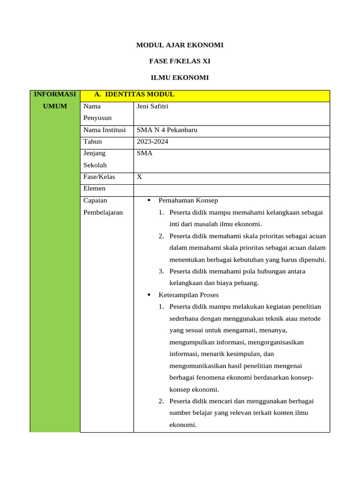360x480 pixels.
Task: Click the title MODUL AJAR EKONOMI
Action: (180, 45)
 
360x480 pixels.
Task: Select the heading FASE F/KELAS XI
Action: (180, 61)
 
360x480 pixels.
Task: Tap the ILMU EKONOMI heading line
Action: (180, 77)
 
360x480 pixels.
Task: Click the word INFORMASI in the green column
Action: (55, 94)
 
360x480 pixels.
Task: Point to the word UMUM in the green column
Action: (55, 106)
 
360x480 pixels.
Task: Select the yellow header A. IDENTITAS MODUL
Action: (134, 94)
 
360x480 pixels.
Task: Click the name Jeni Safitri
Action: (152, 106)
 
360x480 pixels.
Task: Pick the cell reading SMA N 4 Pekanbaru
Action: (167, 130)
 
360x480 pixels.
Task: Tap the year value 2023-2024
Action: (152, 142)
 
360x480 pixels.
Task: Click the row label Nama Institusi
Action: (105, 130)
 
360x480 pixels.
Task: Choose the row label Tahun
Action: (92, 142)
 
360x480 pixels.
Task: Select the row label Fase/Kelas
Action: (99, 177)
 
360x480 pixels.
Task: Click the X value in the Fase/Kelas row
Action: (139, 177)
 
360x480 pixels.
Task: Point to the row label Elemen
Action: (94, 189)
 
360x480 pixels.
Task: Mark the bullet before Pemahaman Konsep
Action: (148, 201)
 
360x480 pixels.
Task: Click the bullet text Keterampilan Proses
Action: (188, 295)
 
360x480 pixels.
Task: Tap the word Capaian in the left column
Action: (95, 201)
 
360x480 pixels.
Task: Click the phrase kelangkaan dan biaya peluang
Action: (214, 283)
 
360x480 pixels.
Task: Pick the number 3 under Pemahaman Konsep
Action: (160, 271)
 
